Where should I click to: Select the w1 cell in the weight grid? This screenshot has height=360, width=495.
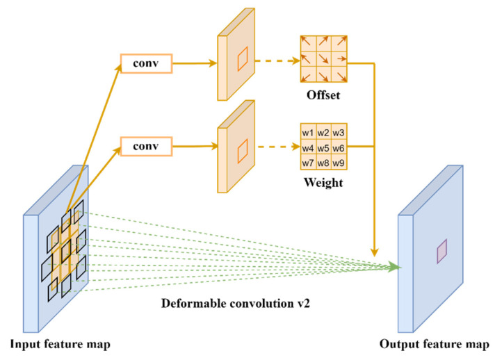[x=307, y=132]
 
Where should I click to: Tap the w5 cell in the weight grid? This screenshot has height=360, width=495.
[x=322, y=147]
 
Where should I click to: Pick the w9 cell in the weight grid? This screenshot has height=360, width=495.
[x=338, y=163]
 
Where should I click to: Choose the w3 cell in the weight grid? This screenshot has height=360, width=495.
[x=338, y=132]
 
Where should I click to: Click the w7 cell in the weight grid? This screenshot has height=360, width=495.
[x=307, y=163]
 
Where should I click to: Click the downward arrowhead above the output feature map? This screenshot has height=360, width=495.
[x=375, y=252]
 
